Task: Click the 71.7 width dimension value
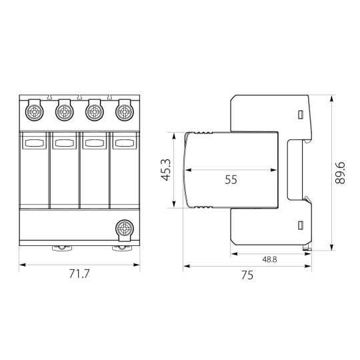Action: point(79,274)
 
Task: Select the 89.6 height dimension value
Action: point(340,173)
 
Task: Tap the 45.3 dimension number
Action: point(166,170)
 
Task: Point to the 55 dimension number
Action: point(231,179)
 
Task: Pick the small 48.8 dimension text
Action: point(269,259)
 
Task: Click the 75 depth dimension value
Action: point(247,275)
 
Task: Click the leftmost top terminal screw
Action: point(35,113)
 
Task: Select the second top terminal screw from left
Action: point(65,113)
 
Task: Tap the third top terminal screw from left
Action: point(95,113)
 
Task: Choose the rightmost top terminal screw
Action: point(125,113)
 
